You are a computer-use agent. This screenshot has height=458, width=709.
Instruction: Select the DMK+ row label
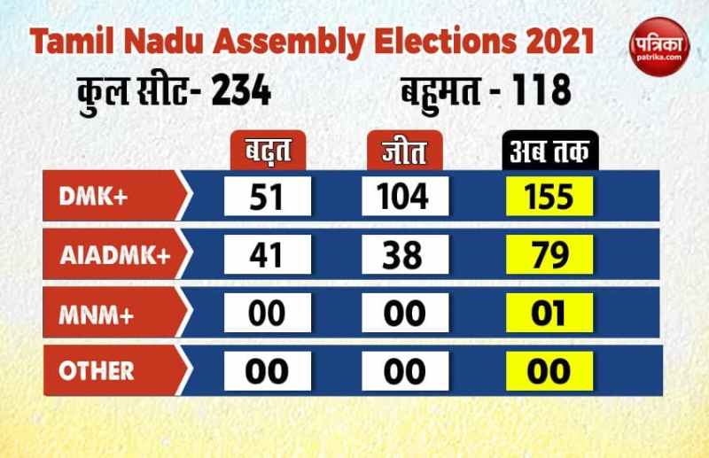(97, 196)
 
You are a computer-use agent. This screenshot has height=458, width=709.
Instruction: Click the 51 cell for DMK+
(268, 196)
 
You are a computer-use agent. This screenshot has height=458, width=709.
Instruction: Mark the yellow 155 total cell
(549, 196)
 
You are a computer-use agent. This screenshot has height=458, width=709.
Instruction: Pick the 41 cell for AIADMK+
(268, 254)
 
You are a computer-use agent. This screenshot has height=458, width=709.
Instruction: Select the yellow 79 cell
(549, 254)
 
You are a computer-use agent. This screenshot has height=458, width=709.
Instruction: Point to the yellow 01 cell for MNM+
(549, 314)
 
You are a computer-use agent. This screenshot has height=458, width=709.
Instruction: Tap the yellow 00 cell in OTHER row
(549, 371)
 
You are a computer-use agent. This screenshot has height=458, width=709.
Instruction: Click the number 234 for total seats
(239, 91)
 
